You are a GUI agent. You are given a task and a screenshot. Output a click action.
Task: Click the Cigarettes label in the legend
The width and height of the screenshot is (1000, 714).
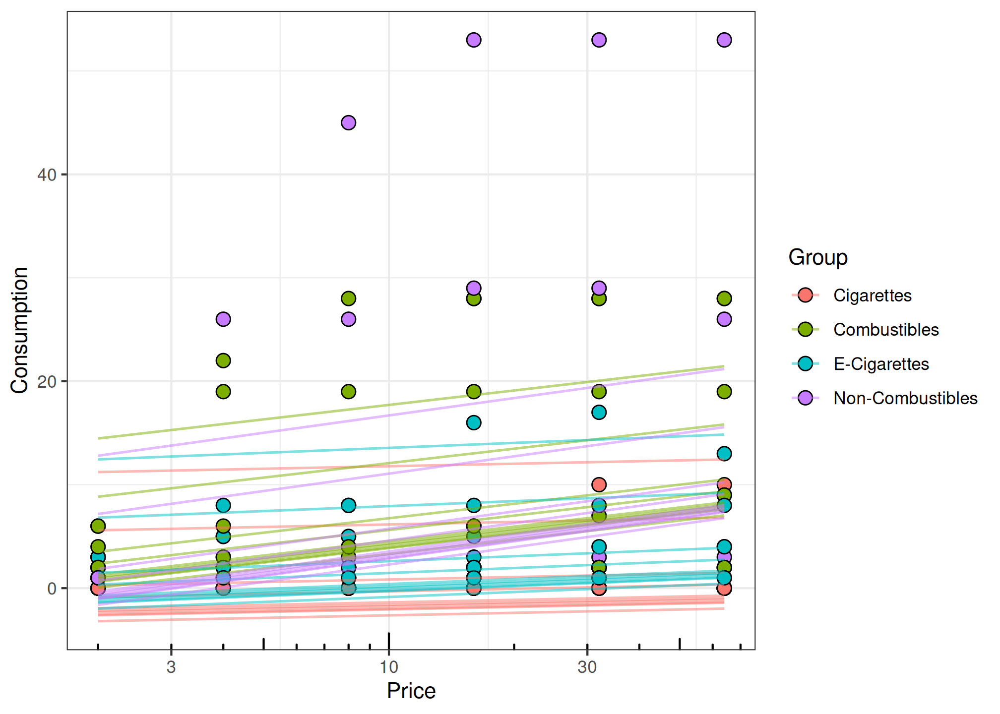pos(872,296)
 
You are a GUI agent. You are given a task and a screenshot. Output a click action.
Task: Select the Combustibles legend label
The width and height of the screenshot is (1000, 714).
pos(886,330)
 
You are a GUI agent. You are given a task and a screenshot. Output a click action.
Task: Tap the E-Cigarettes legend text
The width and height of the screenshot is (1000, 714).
pos(881,364)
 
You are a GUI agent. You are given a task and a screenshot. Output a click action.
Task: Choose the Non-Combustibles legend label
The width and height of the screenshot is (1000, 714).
pos(905,398)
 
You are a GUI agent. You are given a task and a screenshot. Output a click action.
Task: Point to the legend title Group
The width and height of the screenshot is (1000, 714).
pos(818,257)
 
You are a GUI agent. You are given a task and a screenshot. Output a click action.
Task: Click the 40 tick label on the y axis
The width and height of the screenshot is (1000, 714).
pos(47,175)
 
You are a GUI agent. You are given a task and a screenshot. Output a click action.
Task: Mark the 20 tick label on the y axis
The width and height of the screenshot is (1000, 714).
pos(47,382)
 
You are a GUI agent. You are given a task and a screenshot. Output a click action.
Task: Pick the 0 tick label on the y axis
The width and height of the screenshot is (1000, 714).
pos(52,589)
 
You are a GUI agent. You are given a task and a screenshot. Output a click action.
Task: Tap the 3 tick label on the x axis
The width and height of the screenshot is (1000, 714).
pos(171,667)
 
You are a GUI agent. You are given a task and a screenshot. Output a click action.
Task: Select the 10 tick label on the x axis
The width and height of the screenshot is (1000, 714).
pos(389,667)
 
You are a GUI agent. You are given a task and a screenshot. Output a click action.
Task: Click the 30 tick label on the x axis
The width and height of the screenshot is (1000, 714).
pos(587,667)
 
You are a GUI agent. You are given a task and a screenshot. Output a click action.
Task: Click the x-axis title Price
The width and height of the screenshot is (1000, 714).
pos(411,691)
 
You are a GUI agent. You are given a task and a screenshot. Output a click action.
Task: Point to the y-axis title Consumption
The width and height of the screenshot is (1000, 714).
pos(20,330)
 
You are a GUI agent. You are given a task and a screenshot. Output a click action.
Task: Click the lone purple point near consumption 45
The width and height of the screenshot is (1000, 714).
pos(349,122)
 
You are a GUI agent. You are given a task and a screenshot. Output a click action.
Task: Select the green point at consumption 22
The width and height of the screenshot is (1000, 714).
pos(223,360)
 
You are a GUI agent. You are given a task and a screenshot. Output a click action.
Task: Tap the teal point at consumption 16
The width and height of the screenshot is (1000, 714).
pos(474,422)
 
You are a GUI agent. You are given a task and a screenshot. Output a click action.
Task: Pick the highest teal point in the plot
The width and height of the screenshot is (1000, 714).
pos(599,412)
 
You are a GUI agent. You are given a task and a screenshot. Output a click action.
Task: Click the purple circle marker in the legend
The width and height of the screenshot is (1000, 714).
pos(806,398)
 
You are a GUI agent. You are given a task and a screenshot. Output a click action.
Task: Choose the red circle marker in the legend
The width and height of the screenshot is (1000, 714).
pos(806,296)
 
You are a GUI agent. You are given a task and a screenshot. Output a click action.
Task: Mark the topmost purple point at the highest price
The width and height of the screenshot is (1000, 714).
pos(724,40)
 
